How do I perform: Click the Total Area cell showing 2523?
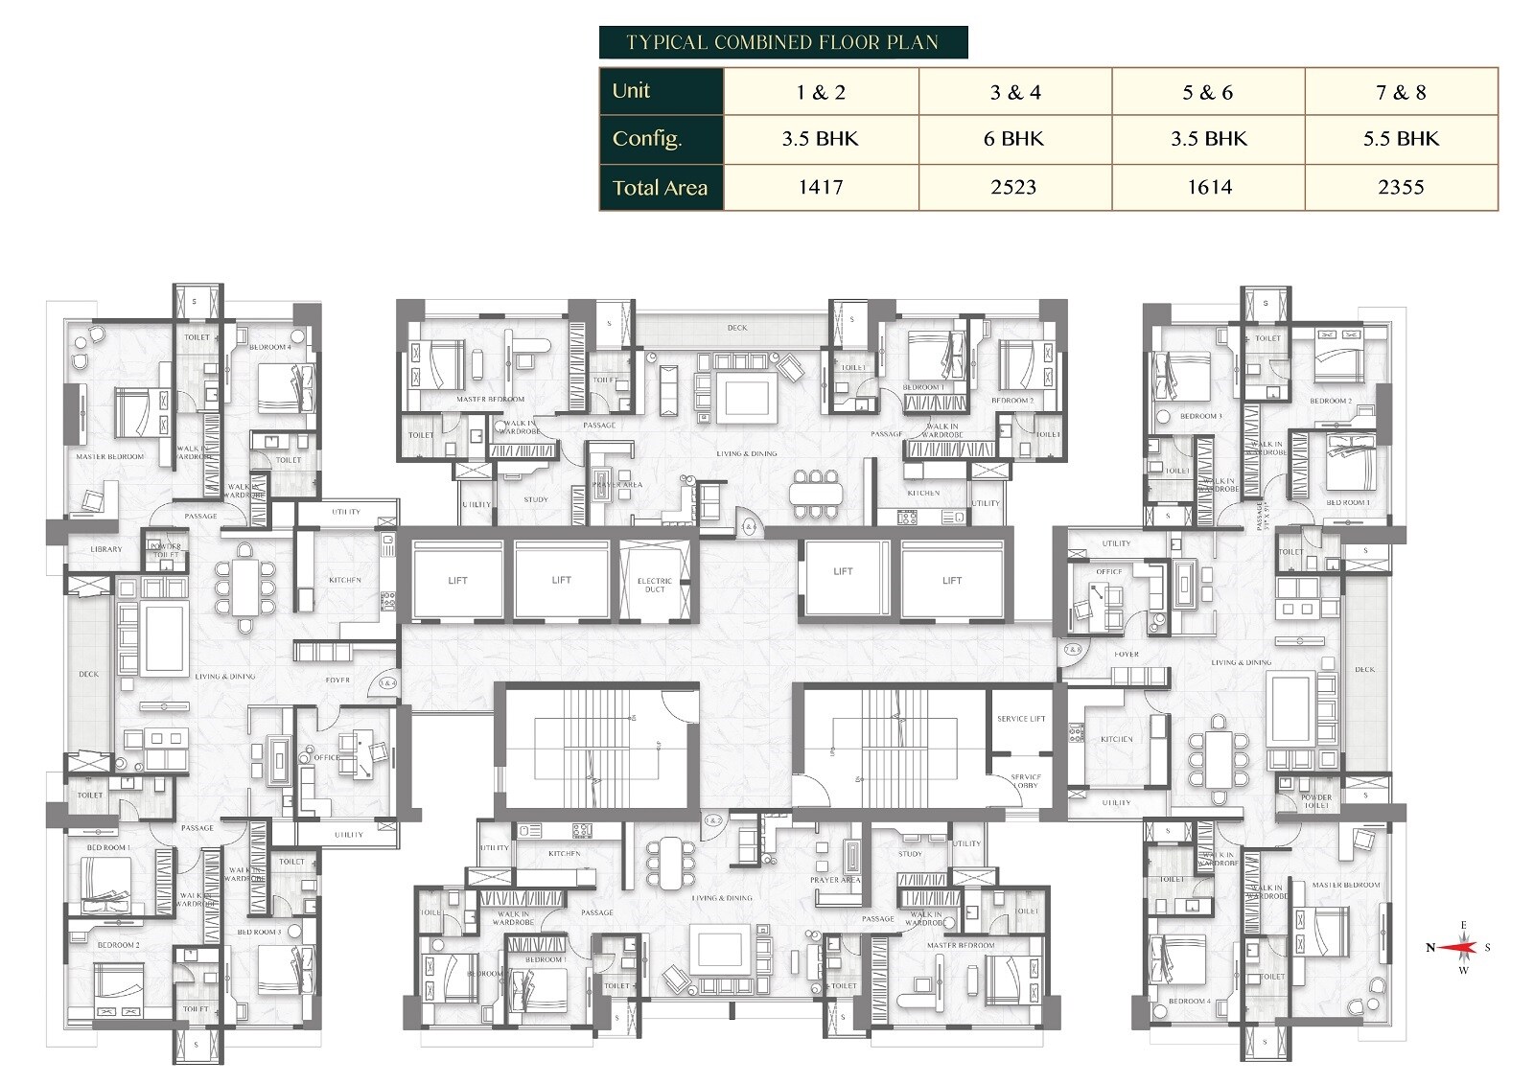tap(1013, 187)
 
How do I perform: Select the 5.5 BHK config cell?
tap(1401, 139)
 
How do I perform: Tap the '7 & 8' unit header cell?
tap(1401, 93)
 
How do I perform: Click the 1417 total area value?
tap(821, 187)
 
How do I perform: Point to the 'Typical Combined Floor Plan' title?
tap(782, 42)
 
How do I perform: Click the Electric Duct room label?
tap(655, 585)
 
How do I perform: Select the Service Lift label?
tap(1021, 718)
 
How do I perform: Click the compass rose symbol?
tap(1458, 948)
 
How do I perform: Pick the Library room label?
tap(105, 549)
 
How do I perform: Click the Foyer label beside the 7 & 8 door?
tap(1127, 655)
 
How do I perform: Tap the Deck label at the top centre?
tap(736, 328)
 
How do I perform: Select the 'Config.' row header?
tap(647, 139)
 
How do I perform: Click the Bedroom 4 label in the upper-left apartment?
tap(276, 347)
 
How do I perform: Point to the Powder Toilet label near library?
tap(166, 550)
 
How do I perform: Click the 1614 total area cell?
tap(1209, 187)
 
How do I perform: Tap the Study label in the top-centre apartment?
tap(536, 499)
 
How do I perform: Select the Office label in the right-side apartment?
tap(1109, 572)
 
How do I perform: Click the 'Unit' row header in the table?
tap(632, 91)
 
